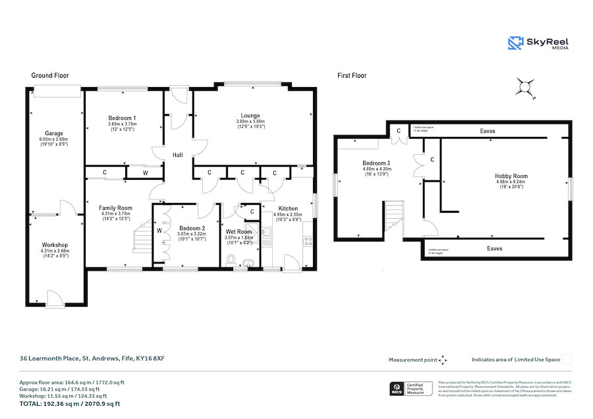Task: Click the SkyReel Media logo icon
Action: coord(516,43)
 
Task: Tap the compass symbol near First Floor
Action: coord(525,87)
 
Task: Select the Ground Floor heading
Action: coord(50,76)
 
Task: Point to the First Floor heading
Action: coord(352,76)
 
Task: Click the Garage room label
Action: coord(54,133)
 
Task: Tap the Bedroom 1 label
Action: coord(121,118)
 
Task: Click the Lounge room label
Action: coord(250,116)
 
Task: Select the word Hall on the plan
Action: coord(178,155)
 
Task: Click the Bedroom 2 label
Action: coord(192,229)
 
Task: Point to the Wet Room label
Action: coord(239,232)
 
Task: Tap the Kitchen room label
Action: coord(287,208)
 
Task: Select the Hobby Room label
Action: coord(512,176)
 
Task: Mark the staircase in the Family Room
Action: coord(142,238)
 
